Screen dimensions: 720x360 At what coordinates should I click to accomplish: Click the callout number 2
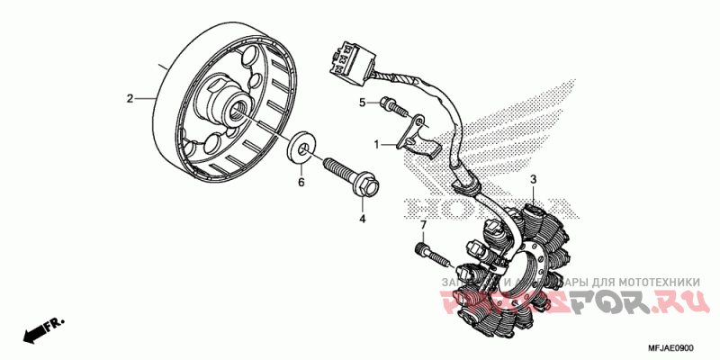[130, 98]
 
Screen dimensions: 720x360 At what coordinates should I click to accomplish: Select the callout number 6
[301, 183]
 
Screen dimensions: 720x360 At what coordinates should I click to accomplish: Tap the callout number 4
[363, 218]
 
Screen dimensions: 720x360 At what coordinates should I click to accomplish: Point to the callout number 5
[363, 103]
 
